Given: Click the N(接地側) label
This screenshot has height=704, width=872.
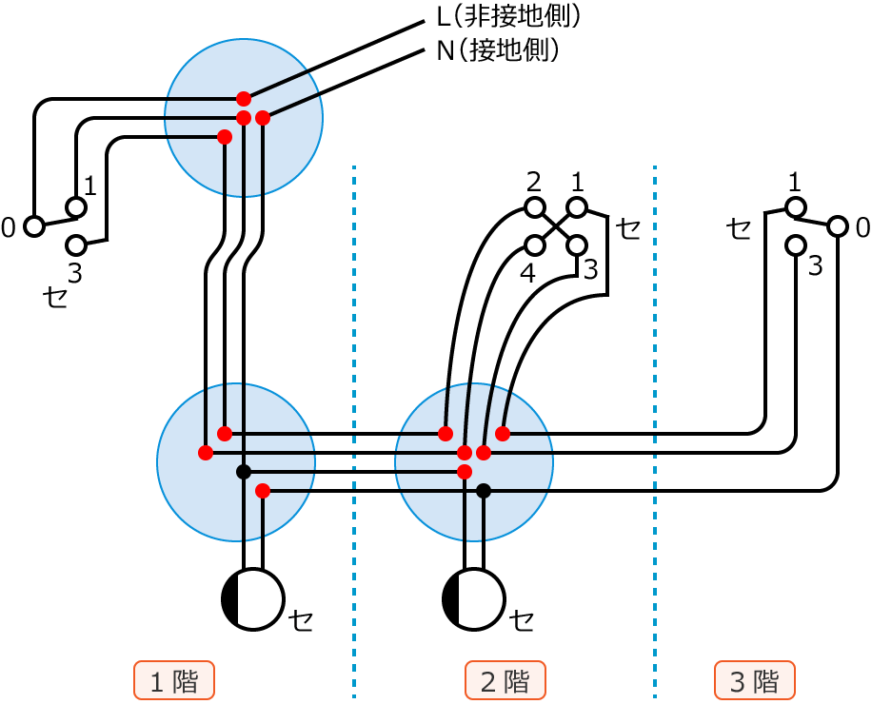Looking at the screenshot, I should pos(497,50).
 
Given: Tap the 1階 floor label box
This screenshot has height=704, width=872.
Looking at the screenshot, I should pos(174,681).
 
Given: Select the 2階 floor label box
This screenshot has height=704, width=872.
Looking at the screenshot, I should pos(505,681).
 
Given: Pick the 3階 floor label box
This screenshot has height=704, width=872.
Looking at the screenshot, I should pos(755,681).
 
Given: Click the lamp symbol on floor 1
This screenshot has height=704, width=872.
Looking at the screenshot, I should pos(253,599).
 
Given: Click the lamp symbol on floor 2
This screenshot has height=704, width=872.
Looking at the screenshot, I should pos(474,599).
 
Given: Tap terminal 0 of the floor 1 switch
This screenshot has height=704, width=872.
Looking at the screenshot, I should pos(34,226).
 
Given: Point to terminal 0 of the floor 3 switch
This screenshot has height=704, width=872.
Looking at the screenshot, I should pos(837,226).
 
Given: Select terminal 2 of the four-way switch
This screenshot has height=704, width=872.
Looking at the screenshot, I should pos(535,207).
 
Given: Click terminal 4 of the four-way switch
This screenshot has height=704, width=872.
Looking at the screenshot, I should pos(535,245).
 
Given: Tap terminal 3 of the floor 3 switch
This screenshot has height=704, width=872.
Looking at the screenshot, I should pos(796,245).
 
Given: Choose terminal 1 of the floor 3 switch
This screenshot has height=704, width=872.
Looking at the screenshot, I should pos(796,207).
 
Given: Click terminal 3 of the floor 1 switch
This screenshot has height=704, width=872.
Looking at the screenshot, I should pos(76,245).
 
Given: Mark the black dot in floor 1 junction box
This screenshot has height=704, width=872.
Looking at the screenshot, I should pos(244,472).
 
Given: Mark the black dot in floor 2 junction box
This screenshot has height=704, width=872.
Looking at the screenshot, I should pos(484,491).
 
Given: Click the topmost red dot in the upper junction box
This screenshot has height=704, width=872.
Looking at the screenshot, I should pos(244,98).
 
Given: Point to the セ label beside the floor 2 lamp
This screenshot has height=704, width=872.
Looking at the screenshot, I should pos(522,620).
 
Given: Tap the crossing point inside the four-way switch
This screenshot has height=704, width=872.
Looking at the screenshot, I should pos(556,226).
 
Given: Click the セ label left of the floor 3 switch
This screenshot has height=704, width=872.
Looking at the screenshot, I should pos(738,227).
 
